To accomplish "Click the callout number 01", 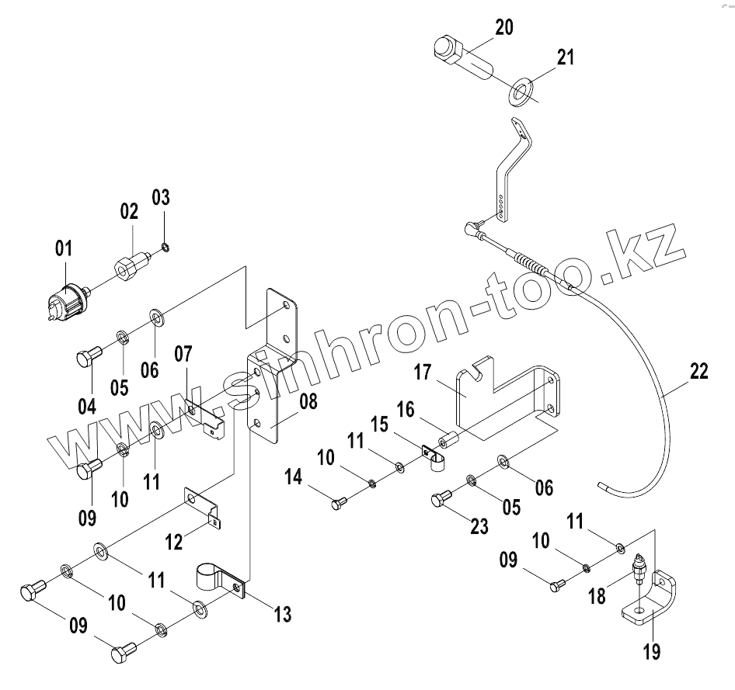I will [x=63, y=248].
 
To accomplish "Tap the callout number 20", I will [x=504, y=29].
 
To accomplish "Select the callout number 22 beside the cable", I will [x=698, y=372].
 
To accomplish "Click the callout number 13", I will [x=282, y=615].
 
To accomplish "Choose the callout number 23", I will [x=479, y=527].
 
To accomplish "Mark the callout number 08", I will [x=308, y=402].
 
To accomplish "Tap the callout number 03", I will [x=160, y=196].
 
